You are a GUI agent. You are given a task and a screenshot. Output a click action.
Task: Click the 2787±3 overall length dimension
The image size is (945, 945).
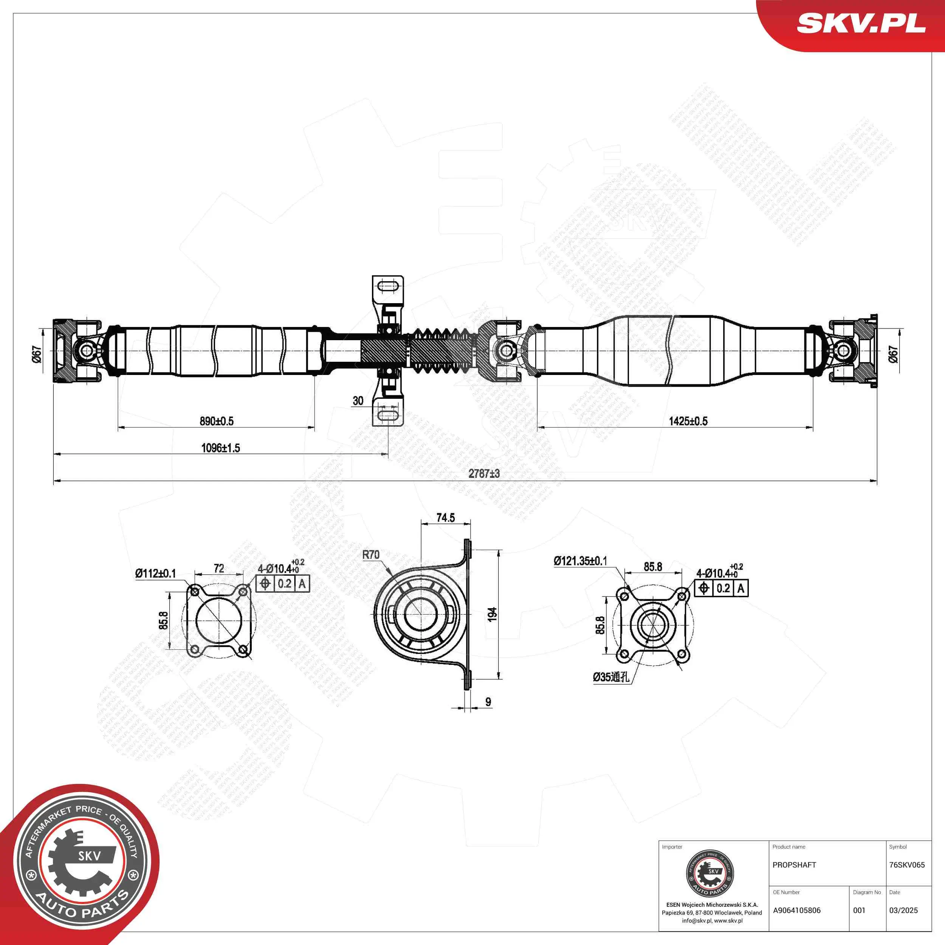tap(484, 474)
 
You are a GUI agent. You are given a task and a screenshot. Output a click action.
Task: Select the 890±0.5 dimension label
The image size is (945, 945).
tap(217, 421)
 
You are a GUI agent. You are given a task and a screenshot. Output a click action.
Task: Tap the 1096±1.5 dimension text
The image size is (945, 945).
tap(221, 448)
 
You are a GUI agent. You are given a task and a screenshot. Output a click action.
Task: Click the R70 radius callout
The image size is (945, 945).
tap(371, 555)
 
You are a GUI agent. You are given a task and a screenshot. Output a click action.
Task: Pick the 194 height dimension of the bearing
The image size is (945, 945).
tap(493, 614)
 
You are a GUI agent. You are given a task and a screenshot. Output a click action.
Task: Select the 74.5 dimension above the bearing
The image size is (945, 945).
tap(446, 518)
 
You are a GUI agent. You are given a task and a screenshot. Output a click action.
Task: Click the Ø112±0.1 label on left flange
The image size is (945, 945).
tap(155, 573)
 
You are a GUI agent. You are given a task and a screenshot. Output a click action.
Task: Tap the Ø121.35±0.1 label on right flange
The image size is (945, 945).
tap(581, 561)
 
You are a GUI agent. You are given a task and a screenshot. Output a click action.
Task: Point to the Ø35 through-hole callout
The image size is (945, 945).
tap(611, 677)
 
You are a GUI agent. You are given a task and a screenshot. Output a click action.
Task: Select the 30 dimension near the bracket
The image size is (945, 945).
tap(358, 401)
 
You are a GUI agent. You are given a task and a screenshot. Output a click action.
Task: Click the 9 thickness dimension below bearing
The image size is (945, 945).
tap(488, 702)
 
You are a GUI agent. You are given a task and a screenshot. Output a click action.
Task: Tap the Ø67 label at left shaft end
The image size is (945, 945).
tap(37, 354)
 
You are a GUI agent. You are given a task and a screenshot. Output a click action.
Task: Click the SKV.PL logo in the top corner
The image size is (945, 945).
tap(861, 23)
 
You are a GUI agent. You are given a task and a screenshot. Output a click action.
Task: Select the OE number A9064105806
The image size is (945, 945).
tap(797, 910)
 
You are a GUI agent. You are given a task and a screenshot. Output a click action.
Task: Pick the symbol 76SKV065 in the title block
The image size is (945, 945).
tap(907, 865)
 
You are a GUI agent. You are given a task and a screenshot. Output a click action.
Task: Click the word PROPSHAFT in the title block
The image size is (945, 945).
tap(794, 865)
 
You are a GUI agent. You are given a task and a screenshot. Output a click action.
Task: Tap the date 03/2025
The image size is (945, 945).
tap(903, 910)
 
